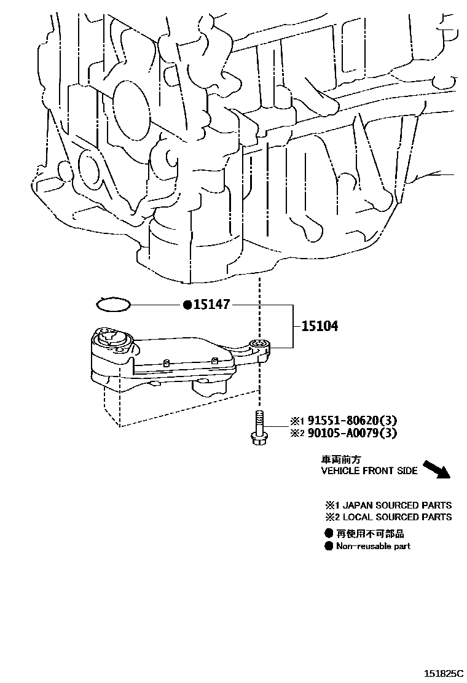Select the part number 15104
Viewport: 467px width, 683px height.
click(319, 326)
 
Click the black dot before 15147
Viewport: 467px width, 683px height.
click(187, 305)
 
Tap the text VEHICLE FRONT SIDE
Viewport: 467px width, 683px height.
click(369, 471)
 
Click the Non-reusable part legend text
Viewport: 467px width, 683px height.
click(373, 546)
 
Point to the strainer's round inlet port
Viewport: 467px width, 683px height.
click(111, 336)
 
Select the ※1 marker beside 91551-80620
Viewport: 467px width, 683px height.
click(297, 421)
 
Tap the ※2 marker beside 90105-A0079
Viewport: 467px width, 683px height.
click(297, 434)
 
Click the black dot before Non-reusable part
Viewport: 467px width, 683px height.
click(329, 546)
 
